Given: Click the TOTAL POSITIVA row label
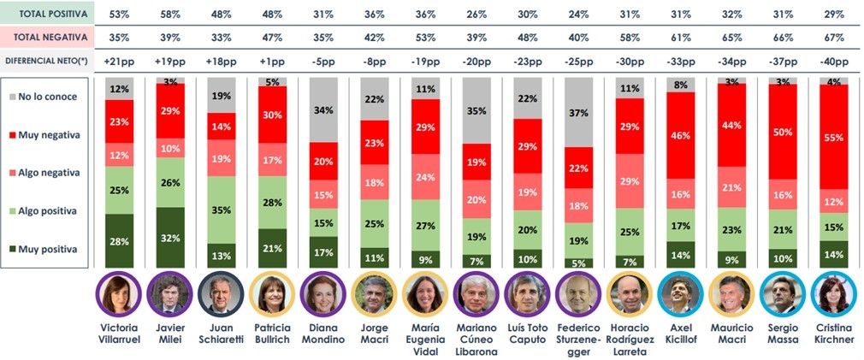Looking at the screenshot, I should tap(46, 14).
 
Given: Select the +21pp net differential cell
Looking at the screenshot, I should tap(120, 62).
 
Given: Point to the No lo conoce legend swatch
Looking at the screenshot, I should tap(19, 97).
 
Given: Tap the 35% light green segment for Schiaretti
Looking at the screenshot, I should tap(218, 210).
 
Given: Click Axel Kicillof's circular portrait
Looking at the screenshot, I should tap(681, 294).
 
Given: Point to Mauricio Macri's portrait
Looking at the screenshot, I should tap(728, 294).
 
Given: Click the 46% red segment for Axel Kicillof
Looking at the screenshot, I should tap(681, 136).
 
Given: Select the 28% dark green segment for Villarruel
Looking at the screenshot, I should tap(120, 241).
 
